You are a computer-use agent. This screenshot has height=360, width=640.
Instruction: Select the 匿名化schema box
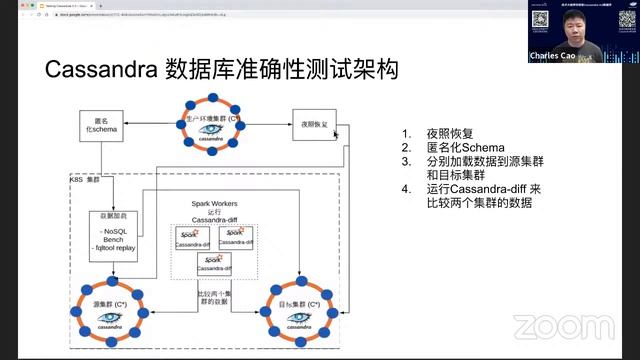(x=98, y=126)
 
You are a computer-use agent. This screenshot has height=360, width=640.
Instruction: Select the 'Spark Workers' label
(x=214, y=204)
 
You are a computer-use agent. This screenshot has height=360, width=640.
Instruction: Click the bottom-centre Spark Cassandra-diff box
(x=214, y=264)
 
